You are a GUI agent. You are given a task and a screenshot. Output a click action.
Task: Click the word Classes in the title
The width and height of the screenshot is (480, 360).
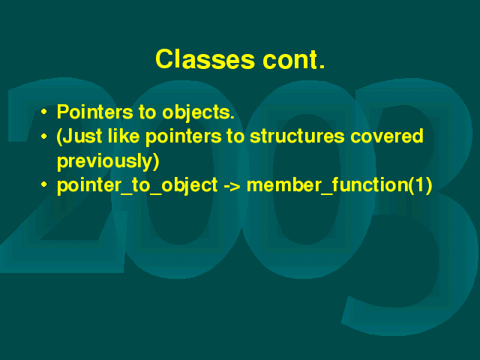pos(205,59)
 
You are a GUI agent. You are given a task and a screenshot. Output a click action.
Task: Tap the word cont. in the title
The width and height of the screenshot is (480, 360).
pos(293,60)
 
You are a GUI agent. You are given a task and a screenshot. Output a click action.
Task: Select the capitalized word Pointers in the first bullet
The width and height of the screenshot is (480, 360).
pos(95,112)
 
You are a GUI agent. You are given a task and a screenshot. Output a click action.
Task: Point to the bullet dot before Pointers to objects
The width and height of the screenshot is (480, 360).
pos(44,112)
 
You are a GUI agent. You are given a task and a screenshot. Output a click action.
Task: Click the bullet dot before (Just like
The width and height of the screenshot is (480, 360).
pos(44,136)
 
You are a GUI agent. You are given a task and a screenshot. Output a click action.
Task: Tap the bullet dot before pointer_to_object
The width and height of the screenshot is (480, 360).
pos(44,184)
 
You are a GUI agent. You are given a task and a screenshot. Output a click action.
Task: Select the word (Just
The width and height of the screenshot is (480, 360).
pos(79,136)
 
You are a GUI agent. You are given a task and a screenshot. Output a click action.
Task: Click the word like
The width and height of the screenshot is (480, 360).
pos(124,136)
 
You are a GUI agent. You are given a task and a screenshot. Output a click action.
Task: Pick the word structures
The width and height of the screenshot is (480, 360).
pos(297,136)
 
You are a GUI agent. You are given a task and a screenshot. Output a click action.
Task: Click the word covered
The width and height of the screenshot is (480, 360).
pos(387,136)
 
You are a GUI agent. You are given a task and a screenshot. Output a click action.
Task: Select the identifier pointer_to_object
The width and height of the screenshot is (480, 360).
pos(137,186)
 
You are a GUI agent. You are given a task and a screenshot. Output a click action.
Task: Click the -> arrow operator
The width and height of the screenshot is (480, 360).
pos(232,185)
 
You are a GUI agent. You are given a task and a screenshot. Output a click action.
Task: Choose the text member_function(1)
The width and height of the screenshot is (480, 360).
pos(339,185)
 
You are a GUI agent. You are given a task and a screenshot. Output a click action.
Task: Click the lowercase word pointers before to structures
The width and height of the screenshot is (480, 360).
pos(183,137)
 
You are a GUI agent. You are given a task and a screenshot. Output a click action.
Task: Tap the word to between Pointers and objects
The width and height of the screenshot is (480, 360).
pos(148,112)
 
